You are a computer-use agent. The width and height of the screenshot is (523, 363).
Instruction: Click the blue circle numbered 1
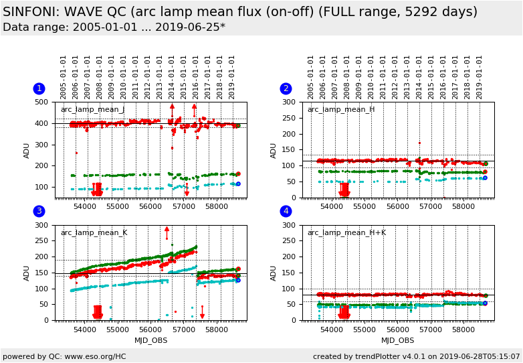click(39, 88)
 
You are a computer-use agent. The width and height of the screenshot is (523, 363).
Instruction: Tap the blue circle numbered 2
click(286, 88)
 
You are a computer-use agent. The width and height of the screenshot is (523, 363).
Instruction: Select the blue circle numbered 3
click(39, 212)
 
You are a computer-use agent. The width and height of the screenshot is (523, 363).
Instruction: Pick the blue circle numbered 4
click(286, 212)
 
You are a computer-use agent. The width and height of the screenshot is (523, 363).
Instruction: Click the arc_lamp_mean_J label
click(92, 110)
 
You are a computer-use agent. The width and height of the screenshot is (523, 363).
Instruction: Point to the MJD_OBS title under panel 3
click(150, 340)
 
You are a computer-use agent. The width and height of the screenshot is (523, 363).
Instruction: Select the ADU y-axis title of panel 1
click(27, 150)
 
